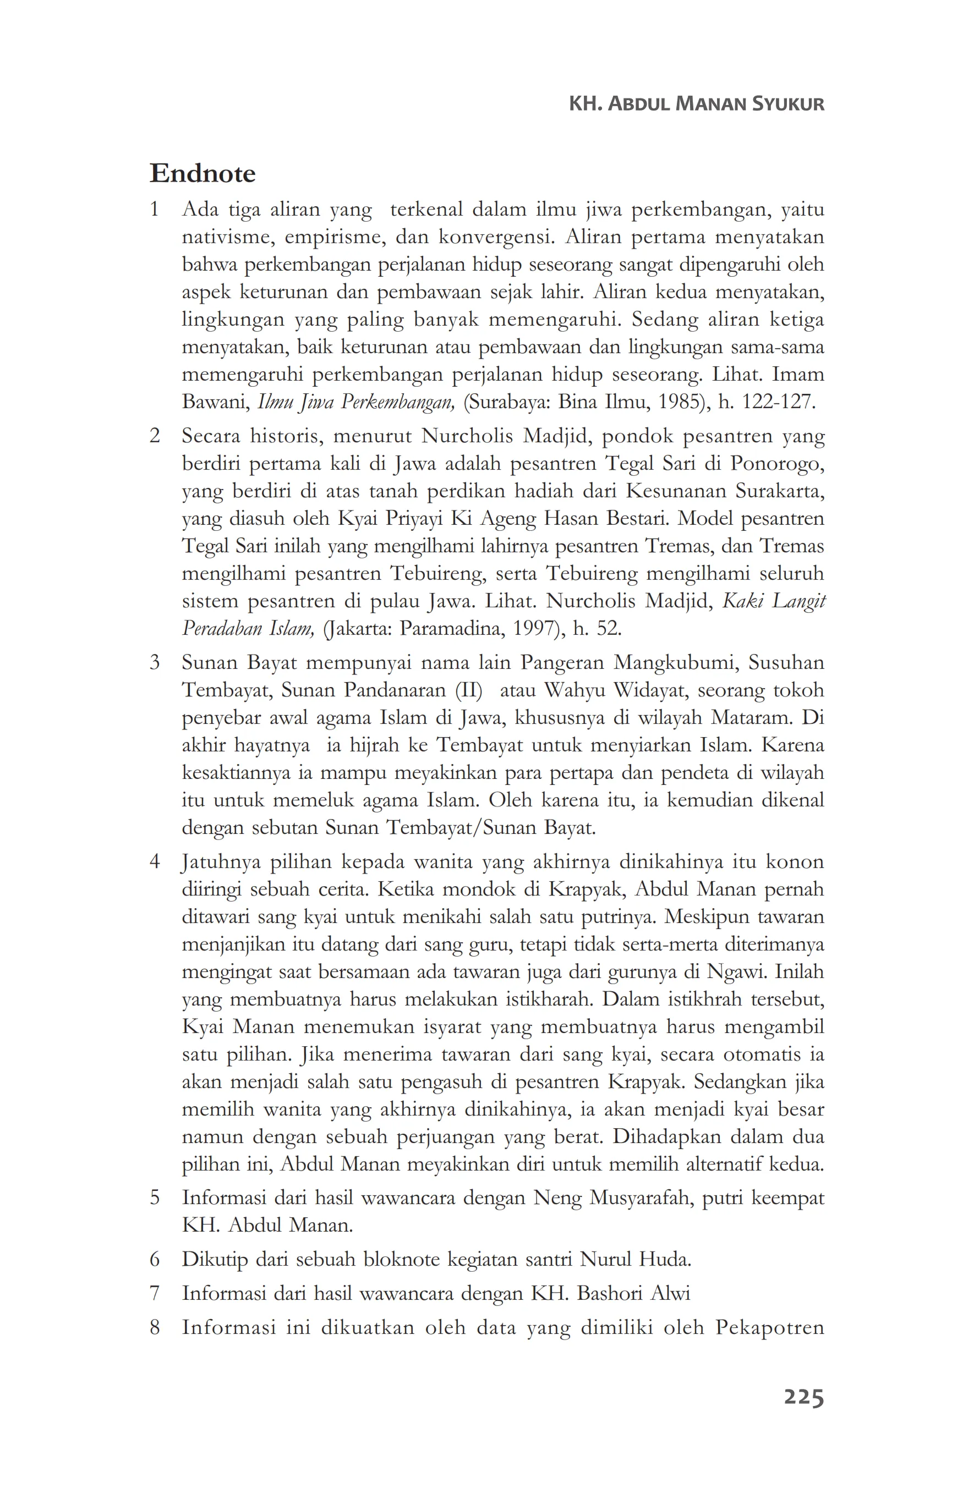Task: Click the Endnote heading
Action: pyautogui.click(x=202, y=173)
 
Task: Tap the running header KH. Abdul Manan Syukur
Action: pyautogui.click(x=696, y=103)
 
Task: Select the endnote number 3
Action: pyautogui.click(x=155, y=662)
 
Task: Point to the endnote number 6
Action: pyautogui.click(x=155, y=1259)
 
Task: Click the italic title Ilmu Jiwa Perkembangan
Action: pyautogui.click(x=355, y=402)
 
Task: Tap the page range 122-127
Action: pyautogui.click(x=778, y=402)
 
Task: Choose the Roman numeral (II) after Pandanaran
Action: pyautogui.click(x=468, y=690)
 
